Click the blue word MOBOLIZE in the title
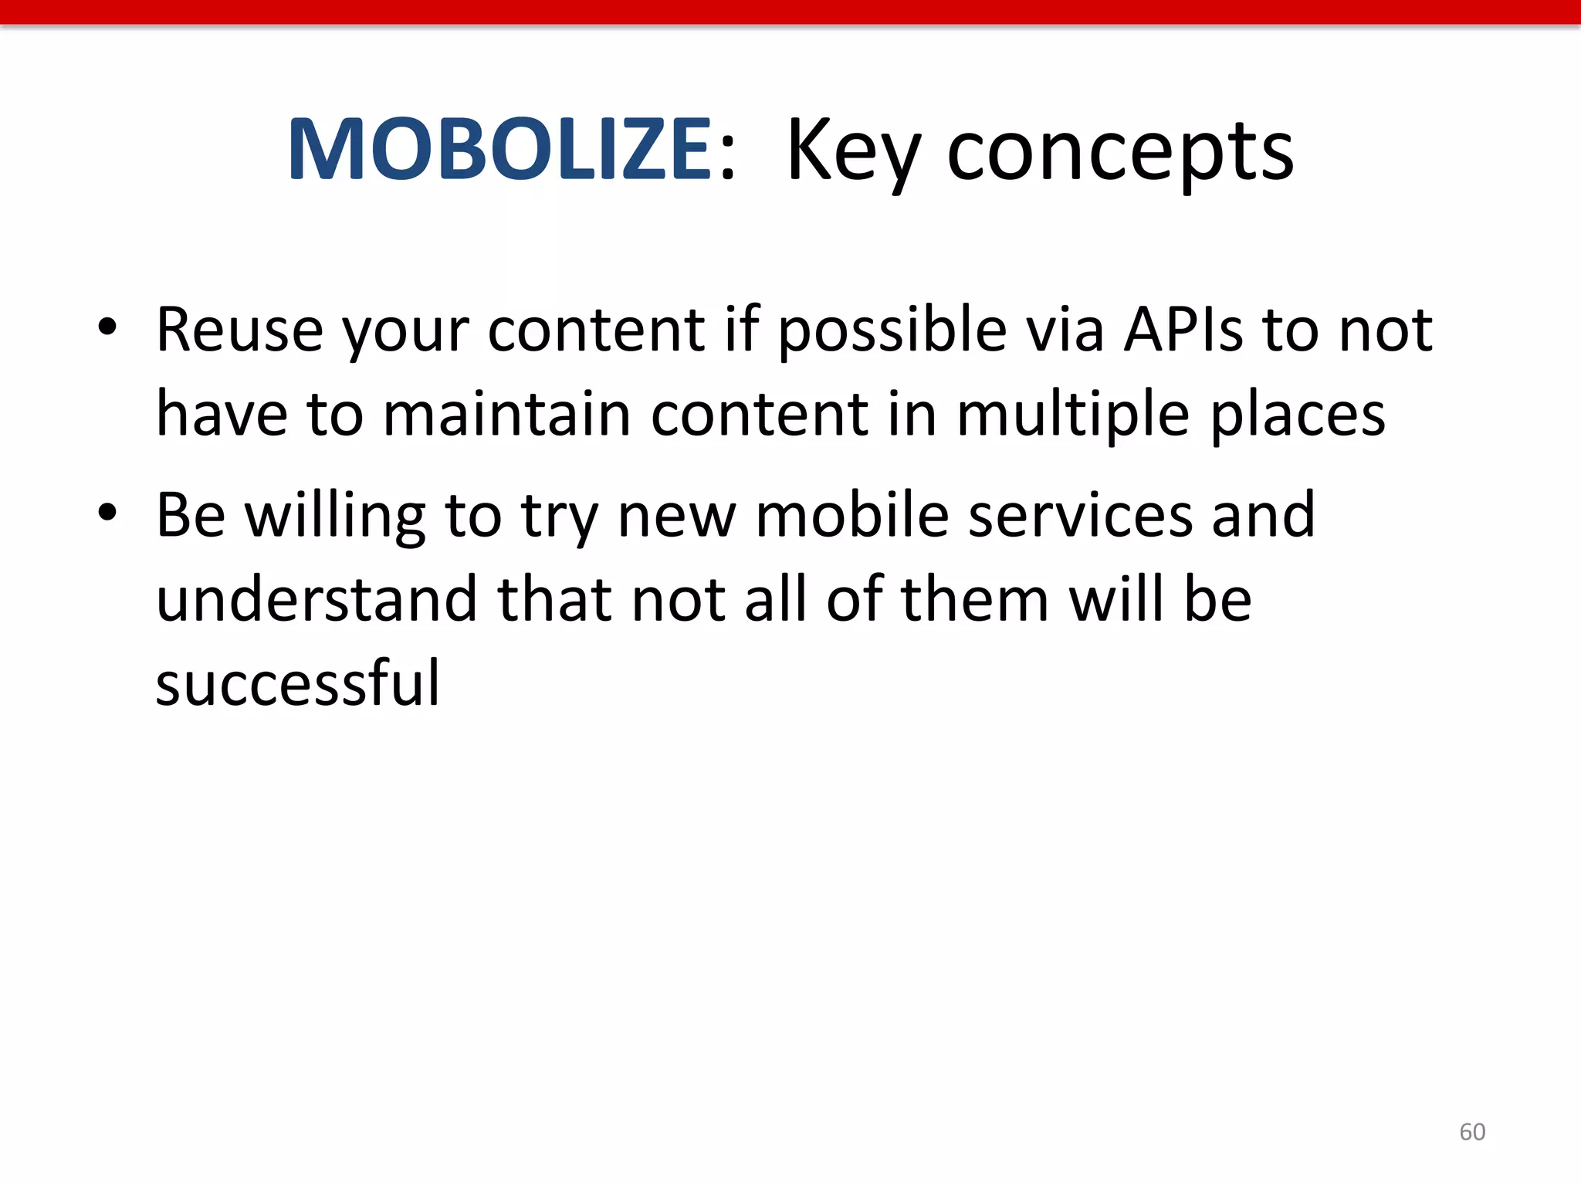click(499, 150)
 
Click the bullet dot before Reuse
click(107, 327)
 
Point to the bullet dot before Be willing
click(107, 512)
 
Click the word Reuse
click(239, 330)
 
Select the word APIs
click(1183, 330)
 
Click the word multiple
click(1073, 415)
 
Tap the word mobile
click(851, 515)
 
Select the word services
click(1079, 515)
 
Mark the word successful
click(297, 683)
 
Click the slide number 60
click(1471, 1132)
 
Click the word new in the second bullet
click(677, 515)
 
